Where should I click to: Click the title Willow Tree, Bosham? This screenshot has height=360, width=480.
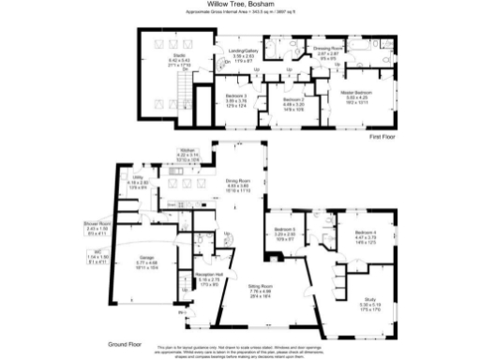pyautogui.click(x=239, y=5)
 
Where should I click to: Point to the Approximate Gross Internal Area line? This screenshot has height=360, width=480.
pyautogui.click(x=239, y=13)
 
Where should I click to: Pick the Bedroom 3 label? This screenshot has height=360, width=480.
pyautogui.click(x=236, y=95)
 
